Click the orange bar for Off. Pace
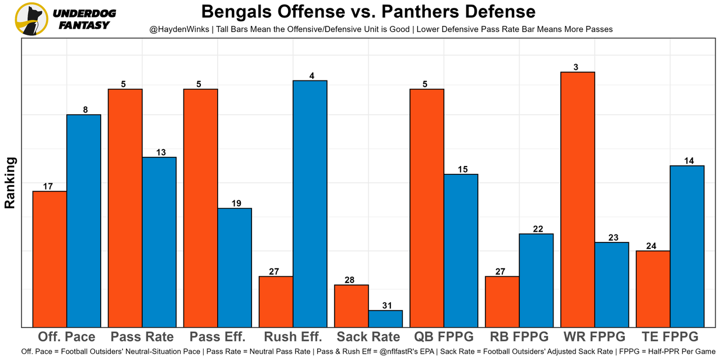click(50, 259)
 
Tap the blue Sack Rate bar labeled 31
click(385, 318)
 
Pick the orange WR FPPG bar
click(578, 199)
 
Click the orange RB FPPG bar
click(502, 301)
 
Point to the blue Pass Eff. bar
click(235, 267)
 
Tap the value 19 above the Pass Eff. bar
click(236, 203)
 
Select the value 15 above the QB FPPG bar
click(461, 169)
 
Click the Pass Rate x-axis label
click(142, 337)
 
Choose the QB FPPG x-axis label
click(444, 337)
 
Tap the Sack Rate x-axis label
click(368, 337)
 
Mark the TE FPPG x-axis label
click(670, 337)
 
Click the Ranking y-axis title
click(10, 183)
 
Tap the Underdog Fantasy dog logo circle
click(31, 19)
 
